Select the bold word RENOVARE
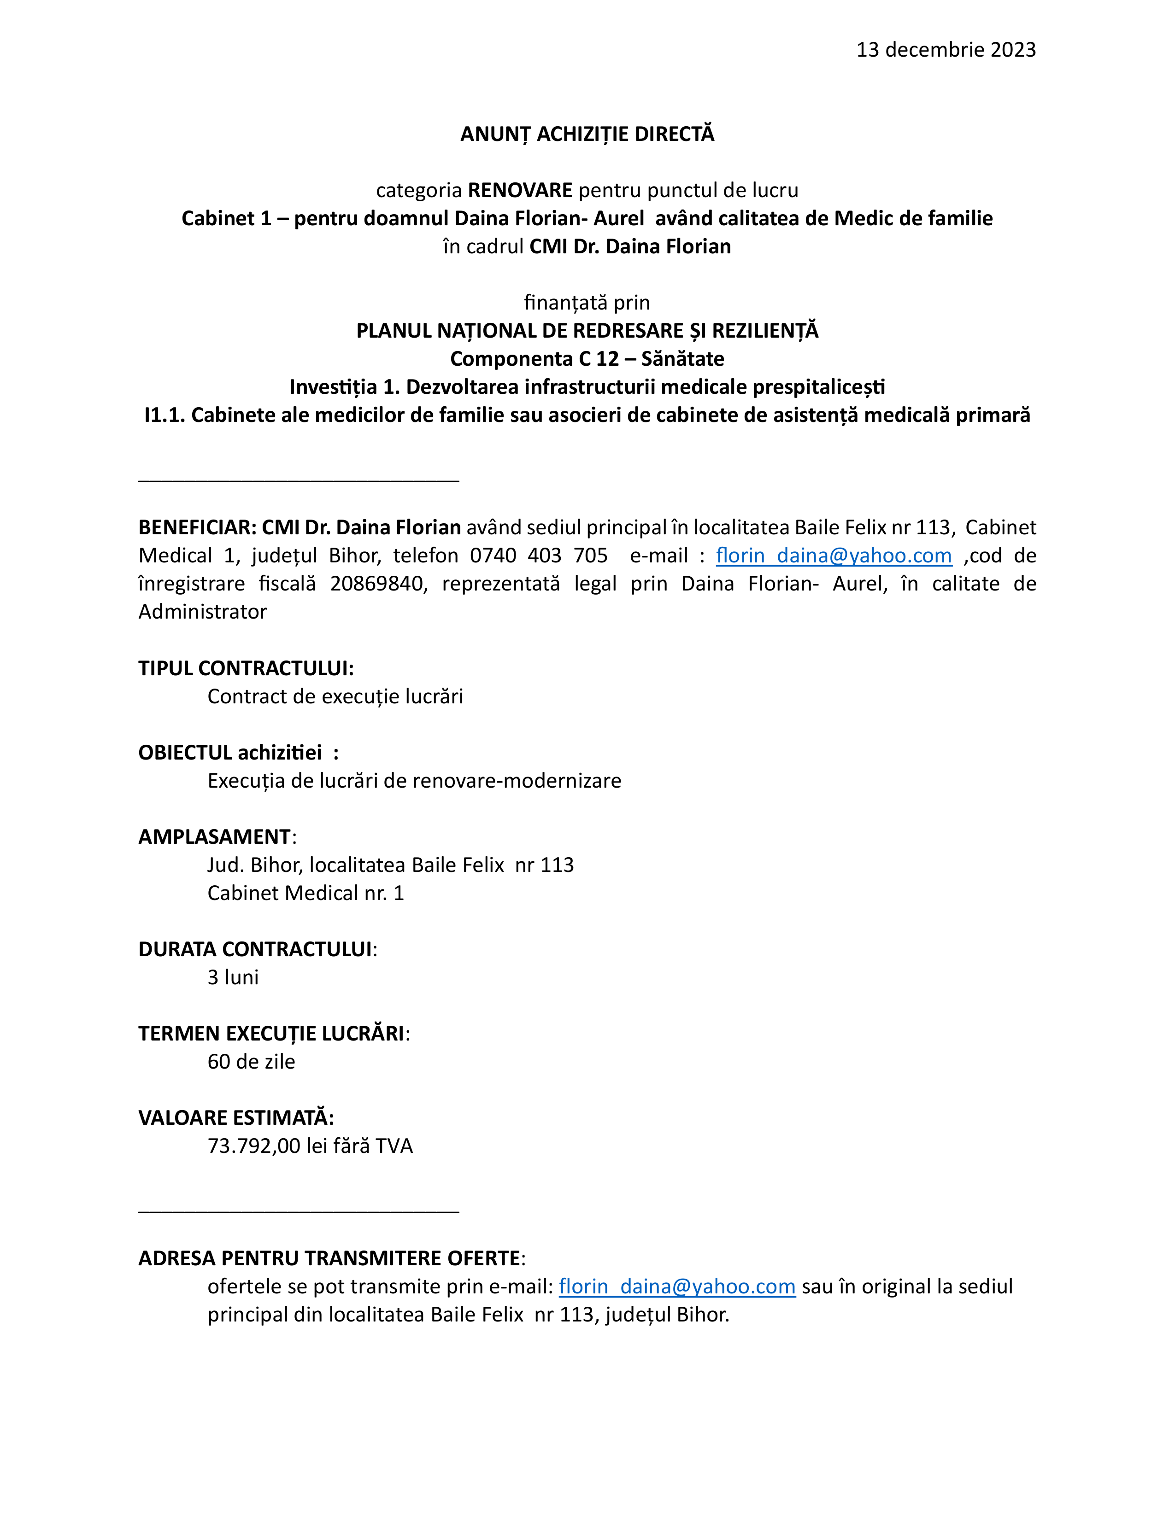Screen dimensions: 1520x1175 520,190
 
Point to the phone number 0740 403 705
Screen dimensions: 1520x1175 538,555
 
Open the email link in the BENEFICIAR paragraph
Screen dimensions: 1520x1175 833,555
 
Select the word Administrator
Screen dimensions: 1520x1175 203,612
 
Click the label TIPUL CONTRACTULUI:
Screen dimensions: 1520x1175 246,668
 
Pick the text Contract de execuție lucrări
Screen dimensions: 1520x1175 335,696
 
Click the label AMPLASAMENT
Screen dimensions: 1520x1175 214,836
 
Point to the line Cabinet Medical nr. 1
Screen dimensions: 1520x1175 305,893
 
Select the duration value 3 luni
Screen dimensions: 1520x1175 233,977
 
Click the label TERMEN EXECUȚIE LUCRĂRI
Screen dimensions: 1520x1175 271,1034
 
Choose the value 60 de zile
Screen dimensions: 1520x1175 251,1061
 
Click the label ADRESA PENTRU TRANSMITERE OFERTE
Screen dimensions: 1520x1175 329,1258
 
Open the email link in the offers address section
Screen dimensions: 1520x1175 676,1286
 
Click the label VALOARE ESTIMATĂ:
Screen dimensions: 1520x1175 236,1118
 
